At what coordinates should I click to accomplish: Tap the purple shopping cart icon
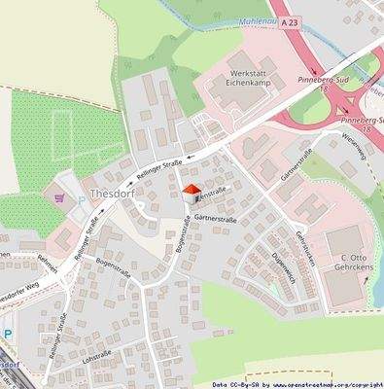pos(59,197)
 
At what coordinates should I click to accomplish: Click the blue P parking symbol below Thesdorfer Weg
pos(9,334)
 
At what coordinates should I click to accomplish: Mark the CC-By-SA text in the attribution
pos(234,383)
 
